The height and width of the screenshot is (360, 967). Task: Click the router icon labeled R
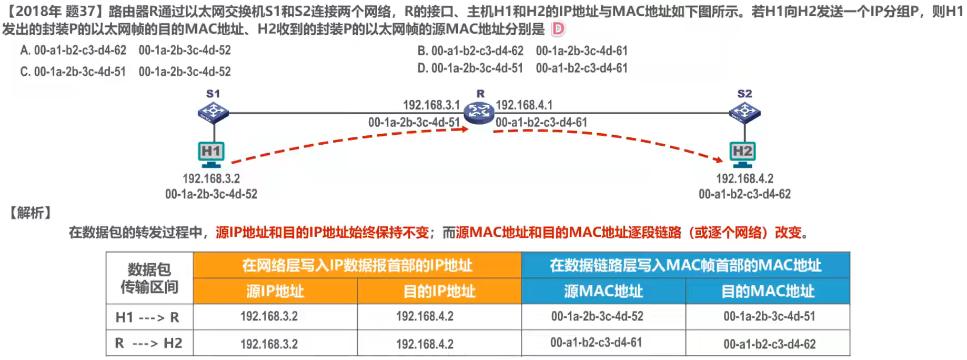(479, 112)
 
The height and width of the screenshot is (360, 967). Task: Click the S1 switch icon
(213, 112)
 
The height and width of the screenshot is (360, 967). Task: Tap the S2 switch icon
(744, 112)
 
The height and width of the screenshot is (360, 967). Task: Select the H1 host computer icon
(211, 153)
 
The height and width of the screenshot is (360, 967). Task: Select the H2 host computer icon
(742, 153)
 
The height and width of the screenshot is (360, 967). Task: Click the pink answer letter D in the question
(558, 29)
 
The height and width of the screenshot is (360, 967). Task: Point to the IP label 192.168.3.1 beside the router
(431, 105)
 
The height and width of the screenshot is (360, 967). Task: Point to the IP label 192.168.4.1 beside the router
(524, 105)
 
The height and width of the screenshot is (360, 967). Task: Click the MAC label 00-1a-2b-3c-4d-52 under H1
(211, 194)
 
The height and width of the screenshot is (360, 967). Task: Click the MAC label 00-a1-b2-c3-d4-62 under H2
(744, 194)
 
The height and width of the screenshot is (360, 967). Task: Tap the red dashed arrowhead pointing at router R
(464, 129)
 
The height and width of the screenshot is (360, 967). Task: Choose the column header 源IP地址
(275, 291)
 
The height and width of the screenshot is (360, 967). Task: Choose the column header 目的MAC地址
(768, 291)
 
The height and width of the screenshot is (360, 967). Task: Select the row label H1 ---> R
(148, 317)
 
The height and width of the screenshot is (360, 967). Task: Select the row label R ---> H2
(148, 344)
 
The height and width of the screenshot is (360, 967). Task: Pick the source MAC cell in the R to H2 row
(596, 343)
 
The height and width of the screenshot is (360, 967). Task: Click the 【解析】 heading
(31, 213)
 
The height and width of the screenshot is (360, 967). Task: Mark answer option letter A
(24, 51)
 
